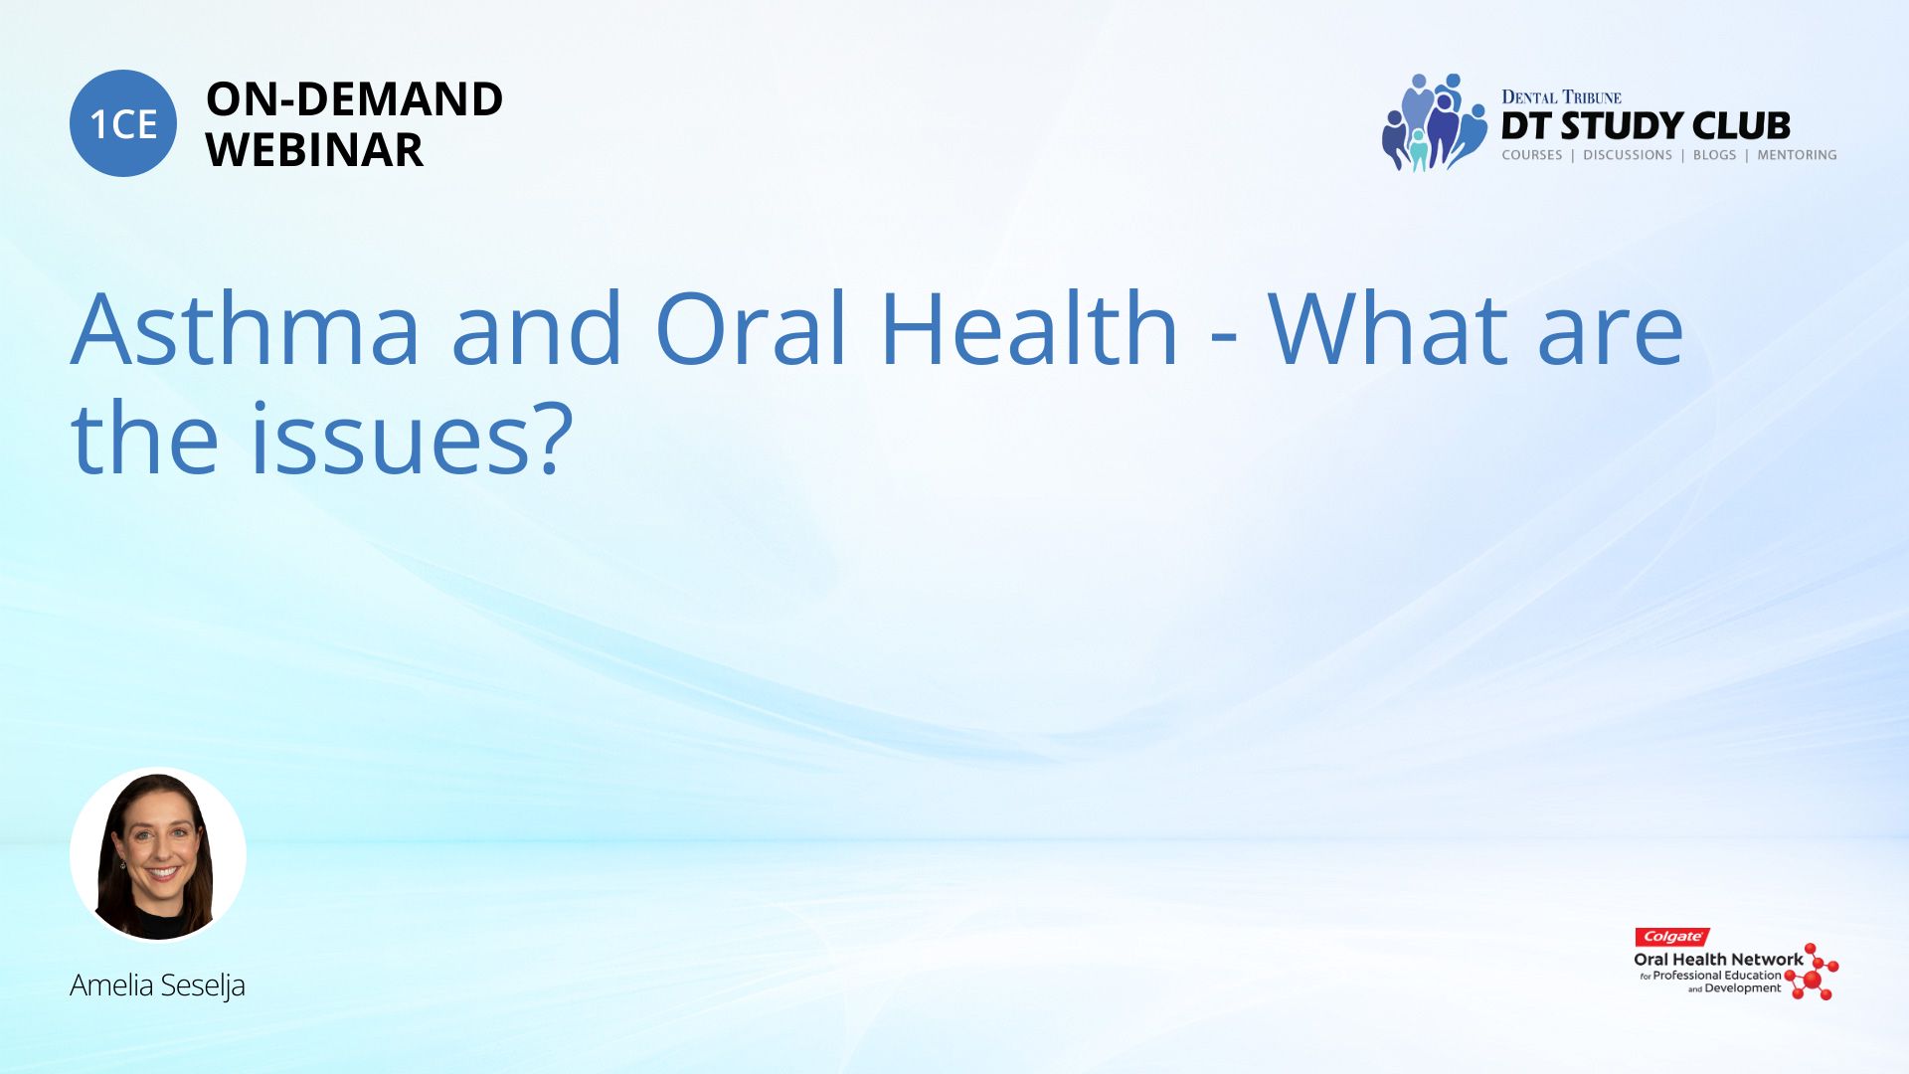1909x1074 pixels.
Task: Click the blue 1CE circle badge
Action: tap(123, 123)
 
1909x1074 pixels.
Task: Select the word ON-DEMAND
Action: tap(354, 98)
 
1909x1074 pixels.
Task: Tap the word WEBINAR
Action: tap(314, 149)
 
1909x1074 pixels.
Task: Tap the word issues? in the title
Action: tap(412, 438)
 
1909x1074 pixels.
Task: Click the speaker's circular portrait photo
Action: tap(158, 854)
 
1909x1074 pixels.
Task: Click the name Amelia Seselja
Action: tap(157, 984)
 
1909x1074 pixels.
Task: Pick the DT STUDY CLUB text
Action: tap(1646, 126)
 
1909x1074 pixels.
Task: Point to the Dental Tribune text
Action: tap(1561, 96)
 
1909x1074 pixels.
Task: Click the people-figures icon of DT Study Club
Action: tap(1434, 122)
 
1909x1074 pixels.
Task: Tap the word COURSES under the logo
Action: tap(1532, 155)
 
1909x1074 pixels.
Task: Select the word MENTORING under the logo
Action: tap(1797, 155)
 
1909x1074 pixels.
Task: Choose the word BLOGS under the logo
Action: tap(1714, 155)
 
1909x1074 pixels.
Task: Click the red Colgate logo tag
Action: tap(1672, 937)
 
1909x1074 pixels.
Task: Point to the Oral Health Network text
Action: tap(1718, 960)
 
